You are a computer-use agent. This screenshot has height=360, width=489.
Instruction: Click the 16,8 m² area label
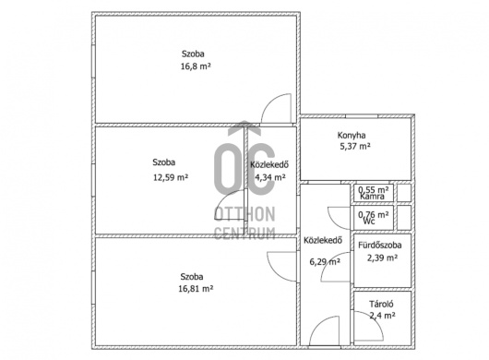coord(196,66)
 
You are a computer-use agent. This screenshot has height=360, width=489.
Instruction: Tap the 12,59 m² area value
coord(171,177)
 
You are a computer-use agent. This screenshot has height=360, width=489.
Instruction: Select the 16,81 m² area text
coord(196,289)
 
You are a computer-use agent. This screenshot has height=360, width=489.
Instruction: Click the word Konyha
coord(352,136)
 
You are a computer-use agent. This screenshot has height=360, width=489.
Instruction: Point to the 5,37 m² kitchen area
coord(355,147)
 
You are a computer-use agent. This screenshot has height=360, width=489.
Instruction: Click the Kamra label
coord(372,197)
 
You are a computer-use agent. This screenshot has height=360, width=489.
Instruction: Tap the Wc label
coord(369,222)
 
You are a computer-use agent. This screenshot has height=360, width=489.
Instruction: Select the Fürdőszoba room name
coord(380,246)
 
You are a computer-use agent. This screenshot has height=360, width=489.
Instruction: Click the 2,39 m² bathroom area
coord(382,258)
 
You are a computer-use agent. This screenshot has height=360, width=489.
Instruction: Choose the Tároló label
coord(381,304)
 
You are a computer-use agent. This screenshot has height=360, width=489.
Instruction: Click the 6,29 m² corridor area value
coord(325,262)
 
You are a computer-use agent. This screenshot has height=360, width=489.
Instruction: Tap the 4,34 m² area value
coord(270,177)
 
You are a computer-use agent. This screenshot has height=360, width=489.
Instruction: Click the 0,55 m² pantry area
coord(374,189)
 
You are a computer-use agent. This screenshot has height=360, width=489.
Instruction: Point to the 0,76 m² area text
coord(374,215)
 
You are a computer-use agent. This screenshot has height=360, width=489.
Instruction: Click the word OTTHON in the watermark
coord(244,214)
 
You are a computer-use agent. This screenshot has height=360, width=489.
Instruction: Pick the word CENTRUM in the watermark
coord(244,233)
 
